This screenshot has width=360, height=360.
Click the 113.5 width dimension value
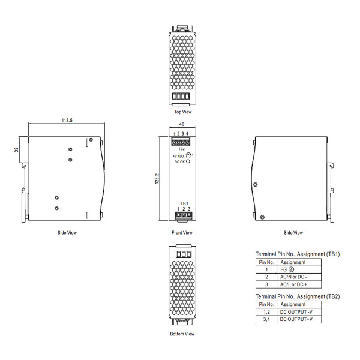click(x=67, y=120)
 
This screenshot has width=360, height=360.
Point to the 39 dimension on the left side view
click(x=16, y=149)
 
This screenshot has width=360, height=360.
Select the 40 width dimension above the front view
click(x=182, y=124)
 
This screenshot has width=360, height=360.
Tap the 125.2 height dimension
click(x=157, y=178)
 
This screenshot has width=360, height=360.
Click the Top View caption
click(x=183, y=112)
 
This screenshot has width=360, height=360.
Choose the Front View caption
click(x=182, y=233)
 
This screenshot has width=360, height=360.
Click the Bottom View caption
click(x=182, y=334)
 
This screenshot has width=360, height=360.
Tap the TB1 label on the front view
click(x=184, y=203)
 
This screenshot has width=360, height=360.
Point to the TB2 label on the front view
click(x=181, y=149)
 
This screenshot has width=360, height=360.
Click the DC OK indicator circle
click(x=188, y=161)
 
